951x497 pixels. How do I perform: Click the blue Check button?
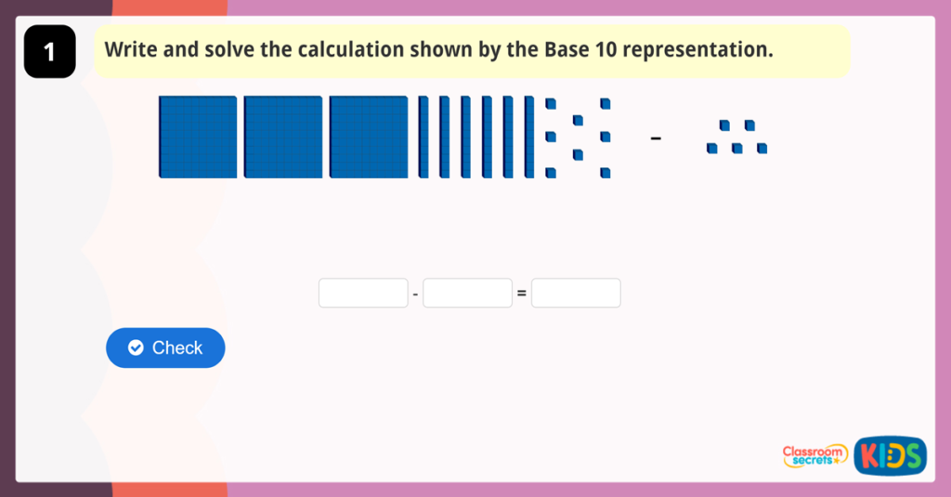(x=165, y=347)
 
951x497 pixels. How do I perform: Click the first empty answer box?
(x=363, y=294)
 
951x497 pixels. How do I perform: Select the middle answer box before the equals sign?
(x=467, y=294)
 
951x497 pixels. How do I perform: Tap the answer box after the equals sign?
(x=576, y=294)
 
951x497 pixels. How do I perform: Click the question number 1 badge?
(x=49, y=52)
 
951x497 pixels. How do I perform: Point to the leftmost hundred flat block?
(x=198, y=137)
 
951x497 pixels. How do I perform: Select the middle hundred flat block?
(x=283, y=137)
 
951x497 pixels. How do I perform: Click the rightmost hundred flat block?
(x=369, y=137)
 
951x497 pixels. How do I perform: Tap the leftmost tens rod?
(x=423, y=137)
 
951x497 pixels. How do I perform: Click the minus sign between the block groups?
(x=656, y=139)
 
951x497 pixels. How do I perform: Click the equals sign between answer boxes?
(x=521, y=294)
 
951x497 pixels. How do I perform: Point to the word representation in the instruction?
(x=697, y=49)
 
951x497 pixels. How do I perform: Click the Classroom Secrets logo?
(x=814, y=455)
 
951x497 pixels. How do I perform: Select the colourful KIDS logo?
(x=890, y=455)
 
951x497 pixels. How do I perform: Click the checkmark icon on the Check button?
(x=136, y=347)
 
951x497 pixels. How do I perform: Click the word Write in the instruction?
(x=132, y=49)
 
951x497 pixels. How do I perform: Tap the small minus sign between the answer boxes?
(x=415, y=294)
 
